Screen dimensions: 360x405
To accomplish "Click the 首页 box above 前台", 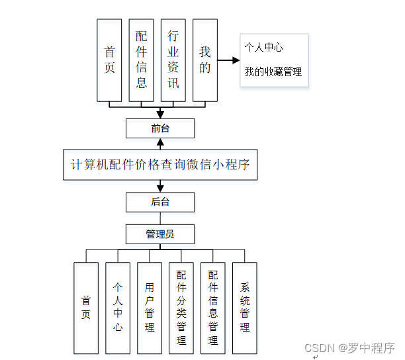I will (x=109, y=60).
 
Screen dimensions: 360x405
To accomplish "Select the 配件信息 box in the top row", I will (x=142, y=60).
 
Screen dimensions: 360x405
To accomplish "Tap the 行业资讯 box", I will (x=173, y=60).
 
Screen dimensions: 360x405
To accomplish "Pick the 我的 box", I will (x=205, y=60).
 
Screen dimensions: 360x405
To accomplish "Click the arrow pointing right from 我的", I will (x=228, y=60).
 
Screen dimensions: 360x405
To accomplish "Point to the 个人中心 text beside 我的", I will (x=263, y=48).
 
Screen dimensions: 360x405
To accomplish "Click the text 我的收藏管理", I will (x=273, y=71).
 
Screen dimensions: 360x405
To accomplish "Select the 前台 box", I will (x=160, y=128).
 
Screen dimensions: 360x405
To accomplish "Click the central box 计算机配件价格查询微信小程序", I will (x=160, y=164).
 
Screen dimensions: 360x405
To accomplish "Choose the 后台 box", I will (x=160, y=201).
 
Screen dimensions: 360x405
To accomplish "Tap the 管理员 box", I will (x=160, y=234).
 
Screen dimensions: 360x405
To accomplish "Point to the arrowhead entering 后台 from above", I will (x=160, y=188).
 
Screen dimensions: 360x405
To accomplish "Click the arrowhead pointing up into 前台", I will (x=160, y=142).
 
